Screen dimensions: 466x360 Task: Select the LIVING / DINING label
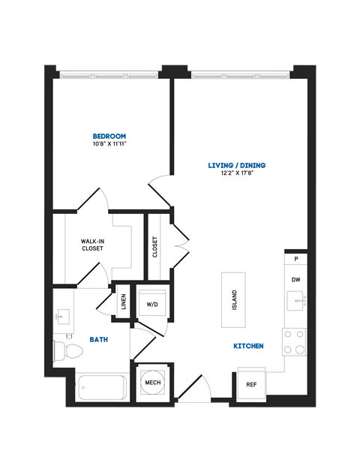coord(237,165)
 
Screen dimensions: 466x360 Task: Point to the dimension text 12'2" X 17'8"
coord(237,173)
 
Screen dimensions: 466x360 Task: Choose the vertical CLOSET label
coord(155,247)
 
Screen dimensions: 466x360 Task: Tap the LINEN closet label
coord(124,302)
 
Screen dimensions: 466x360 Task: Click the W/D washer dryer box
coord(152,304)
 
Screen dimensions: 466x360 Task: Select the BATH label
coord(99,340)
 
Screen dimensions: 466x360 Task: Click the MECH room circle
coord(152,383)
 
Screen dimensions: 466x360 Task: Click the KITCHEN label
coord(247,346)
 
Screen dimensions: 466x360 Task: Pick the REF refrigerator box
coord(252,383)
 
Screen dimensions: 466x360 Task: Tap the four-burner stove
coord(295,341)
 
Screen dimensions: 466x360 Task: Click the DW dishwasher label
coord(296,280)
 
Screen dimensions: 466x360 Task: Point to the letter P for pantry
coord(296,259)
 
